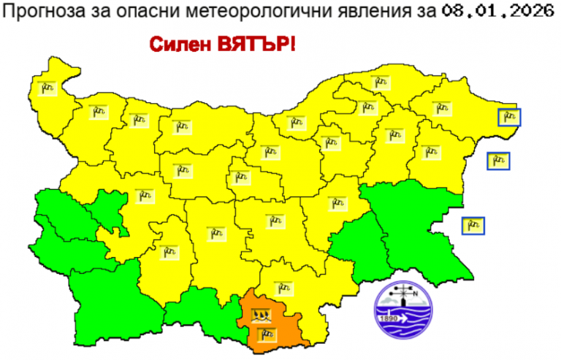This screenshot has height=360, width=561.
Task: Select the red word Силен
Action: (x=179, y=44)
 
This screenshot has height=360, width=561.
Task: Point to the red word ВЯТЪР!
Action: (x=255, y=44)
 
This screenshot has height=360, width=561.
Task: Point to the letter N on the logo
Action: (x=416, y=294)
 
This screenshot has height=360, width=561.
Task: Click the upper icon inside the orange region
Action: (x=262, y=315)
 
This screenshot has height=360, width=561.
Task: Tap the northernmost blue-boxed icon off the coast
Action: (x=508, y=116)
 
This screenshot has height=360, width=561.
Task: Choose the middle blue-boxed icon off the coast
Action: (x=498, y=161)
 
